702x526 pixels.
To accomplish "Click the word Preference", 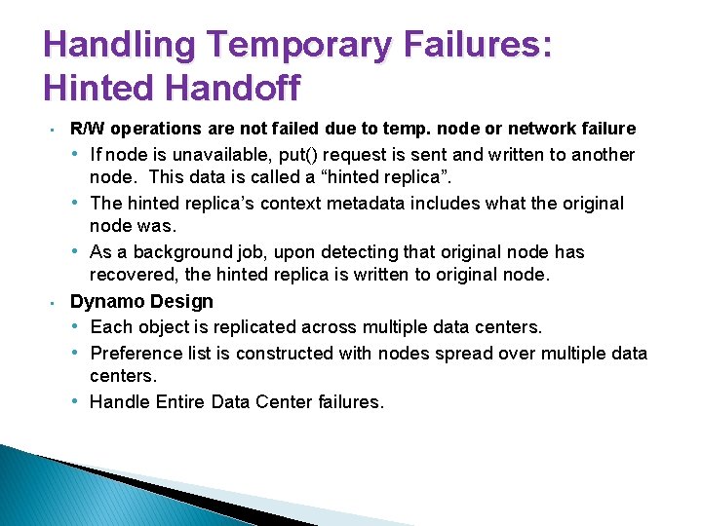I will pos(136,353).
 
